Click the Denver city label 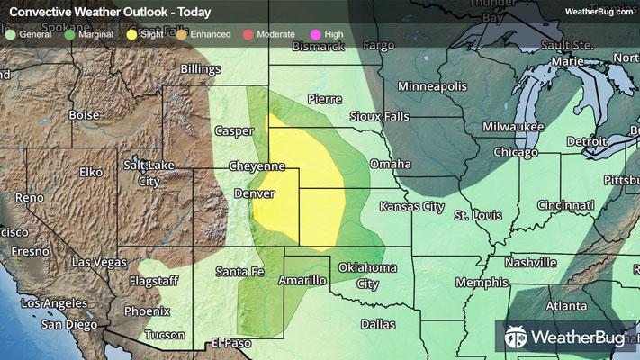[x=253, y=193]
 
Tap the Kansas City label [x=411, y=207]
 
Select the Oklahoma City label [x=367, y=275]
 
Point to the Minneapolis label [x=433, y=86]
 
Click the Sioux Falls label [x=380, y=117]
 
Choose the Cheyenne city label [x=257, y=166]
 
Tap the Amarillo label [x=302, y=281]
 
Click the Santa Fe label [x=239, y=271]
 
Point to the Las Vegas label [x=99, y=262]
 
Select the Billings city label [x=200, y=68]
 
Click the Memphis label [x=482, y=283]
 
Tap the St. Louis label [x=474, y=216]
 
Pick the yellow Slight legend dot [x=132, y=34]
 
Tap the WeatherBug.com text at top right [x=597, y=12]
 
